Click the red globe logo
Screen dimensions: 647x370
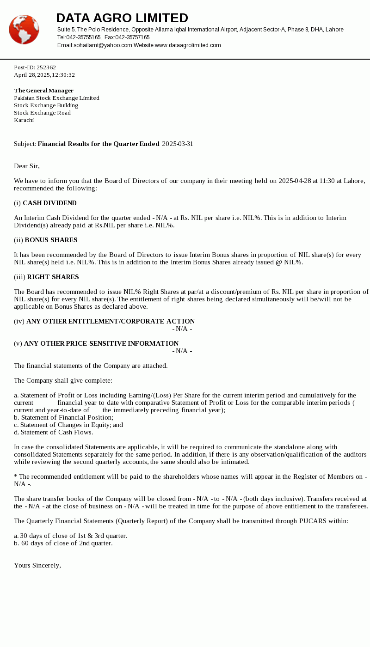(24, 30)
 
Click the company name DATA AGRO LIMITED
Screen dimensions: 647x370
(122, 18)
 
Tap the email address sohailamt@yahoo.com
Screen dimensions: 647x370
(103, 45)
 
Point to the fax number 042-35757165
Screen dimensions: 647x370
(132, 37)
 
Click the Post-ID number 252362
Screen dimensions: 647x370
(46, 67)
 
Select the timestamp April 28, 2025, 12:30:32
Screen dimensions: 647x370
(44, 75)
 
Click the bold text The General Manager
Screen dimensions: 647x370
(43, 91)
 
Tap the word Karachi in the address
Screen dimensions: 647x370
(24, 120)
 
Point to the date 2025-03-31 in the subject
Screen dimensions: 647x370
(178, 144)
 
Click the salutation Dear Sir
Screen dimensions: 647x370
(27, 166)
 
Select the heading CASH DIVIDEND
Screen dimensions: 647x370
(49, 203)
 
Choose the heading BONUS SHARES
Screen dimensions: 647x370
(51, 240)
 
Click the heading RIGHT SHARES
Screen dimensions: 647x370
(53, 277)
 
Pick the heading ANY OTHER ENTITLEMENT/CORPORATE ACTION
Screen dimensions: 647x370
(111, 321)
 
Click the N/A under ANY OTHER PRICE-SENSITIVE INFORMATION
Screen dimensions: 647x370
(182, 351)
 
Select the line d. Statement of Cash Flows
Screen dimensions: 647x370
(53, 432)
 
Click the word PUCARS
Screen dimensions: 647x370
(314, 521)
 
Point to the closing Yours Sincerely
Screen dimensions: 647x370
(37, 565)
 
